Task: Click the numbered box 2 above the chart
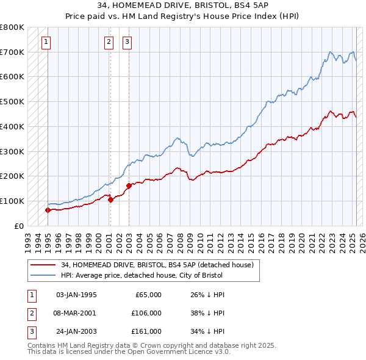(x=109, y=42)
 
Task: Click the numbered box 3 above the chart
(x=127, y=42)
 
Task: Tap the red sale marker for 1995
(x=48, y=210)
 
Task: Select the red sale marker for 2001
(x=110, y=200)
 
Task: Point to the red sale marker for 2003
(x=129, y=185)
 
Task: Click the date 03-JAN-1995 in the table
(x=76, y=295)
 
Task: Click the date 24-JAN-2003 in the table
(x=76, y=331)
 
